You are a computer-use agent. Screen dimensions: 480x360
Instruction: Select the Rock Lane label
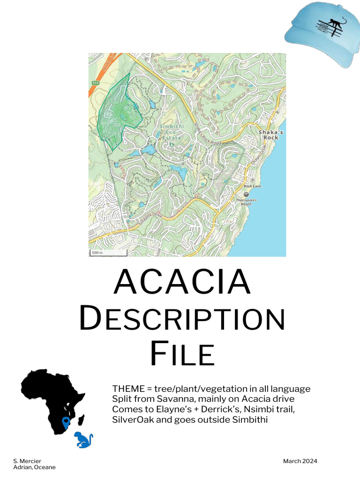coord(253,186)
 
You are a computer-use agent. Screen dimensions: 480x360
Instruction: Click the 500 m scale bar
coord(108,253)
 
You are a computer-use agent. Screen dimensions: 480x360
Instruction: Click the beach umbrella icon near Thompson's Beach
coord(246,194)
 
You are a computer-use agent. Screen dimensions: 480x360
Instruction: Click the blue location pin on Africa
coord(66,422)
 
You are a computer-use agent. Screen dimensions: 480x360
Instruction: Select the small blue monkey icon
coord(84,440)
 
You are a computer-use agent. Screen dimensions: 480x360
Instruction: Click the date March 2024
coord(300,461)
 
